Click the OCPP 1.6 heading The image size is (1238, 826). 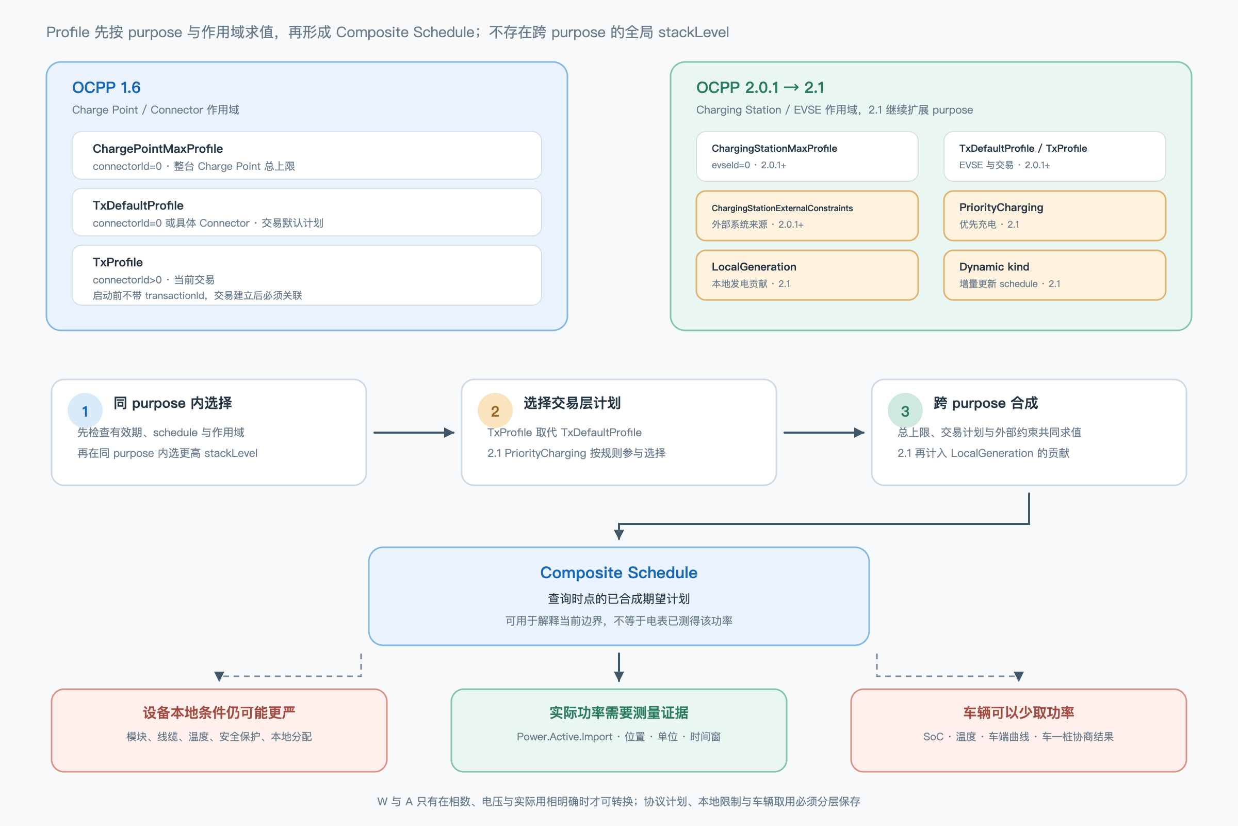[x=106, y=87]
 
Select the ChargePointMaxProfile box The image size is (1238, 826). [x=307, y=155]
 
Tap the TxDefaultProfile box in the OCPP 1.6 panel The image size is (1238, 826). [x=307, y=212]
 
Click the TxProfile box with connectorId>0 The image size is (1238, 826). [x=307, y=275]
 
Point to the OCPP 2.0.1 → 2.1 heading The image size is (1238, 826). [x=760, y=87]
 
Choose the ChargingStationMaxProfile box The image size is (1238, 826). [x=807, y=156]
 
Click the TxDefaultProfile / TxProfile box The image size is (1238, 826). [x=1054, y=156]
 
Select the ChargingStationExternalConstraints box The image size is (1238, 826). [x=807, y=215]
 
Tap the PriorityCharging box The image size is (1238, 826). [x=1054, y=215]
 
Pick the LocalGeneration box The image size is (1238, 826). [x=807, y=275]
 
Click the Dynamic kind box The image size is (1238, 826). [x=1054, y=275]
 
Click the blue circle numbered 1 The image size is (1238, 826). [x=85, y=411]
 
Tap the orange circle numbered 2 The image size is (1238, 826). [x=495, y=411]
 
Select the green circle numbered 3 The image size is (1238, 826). [x=905, y=411]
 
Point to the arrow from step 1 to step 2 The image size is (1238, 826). [x=414, y=433]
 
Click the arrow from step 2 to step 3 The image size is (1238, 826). [x=824, y=433]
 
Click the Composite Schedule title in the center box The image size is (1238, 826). [x=618, y=573]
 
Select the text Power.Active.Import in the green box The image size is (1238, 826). [x=564, y=737]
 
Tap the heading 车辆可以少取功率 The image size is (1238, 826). [x=1018, y=713]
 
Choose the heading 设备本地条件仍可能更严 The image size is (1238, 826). [x=219, y=713]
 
